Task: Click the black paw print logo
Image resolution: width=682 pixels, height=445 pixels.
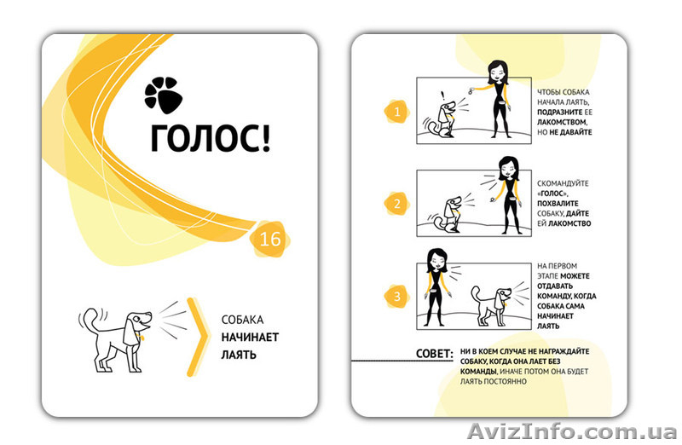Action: (x=163, y=95)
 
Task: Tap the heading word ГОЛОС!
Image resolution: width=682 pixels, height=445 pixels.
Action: (x=211, y=137)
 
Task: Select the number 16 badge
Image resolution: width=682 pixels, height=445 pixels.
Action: (x=270, y=239)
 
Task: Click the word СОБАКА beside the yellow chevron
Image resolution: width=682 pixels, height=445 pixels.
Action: (x=242, y=320)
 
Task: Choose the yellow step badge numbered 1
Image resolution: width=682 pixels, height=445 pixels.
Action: (x=397, y=112)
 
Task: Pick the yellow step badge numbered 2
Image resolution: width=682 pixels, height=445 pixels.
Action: (x=397, y=204)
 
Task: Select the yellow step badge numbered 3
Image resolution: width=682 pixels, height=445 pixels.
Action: (x=397, y=297)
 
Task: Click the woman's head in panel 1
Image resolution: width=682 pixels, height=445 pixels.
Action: (x=498, y=72)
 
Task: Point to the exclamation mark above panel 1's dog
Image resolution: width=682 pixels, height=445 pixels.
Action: (x=442, y=95)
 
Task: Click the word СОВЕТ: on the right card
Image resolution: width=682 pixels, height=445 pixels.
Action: (x=435, y=353)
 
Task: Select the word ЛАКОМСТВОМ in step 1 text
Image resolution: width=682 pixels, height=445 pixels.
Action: (x=562, y=122)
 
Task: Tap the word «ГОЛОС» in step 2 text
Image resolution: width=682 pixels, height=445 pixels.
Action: (x=552, y=194)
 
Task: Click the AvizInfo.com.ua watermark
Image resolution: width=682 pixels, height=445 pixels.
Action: (x=572, y=431)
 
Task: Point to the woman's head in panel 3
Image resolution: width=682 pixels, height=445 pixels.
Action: (x=436, y=260)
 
